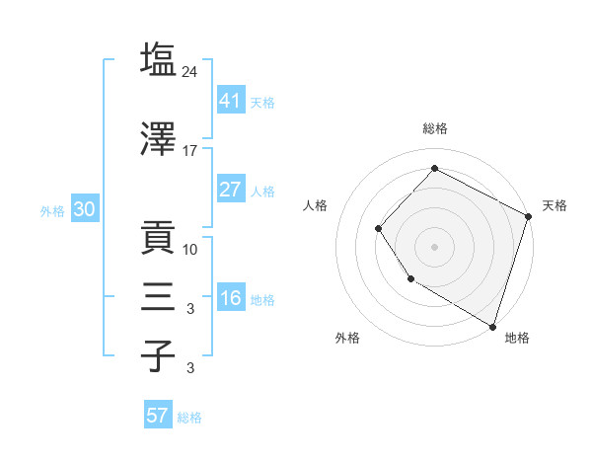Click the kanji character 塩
click(x=158, y=59)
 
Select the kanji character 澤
click(x=158, y=138)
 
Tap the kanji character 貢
click(x=158, y=236)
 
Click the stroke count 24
click(x=191, y=71)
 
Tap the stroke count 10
click(x=190, y=249)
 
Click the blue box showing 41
click(x=231, y=102)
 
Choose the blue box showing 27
click(x=231, y=191)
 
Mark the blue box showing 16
click(x=231, y=299)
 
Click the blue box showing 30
click(x=84, y=210)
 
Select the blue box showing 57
click(x=157, y=416)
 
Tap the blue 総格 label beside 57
click(x=189, y=418)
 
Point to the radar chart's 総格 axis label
click(x=435, y=129)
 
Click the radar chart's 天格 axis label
click(x=555, y=205)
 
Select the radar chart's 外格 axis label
click(x=347, y=338)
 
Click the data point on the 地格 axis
click(x=491, y=325)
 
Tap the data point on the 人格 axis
click(x=378, y=228)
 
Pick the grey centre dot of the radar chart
click(x=434, y=246)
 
